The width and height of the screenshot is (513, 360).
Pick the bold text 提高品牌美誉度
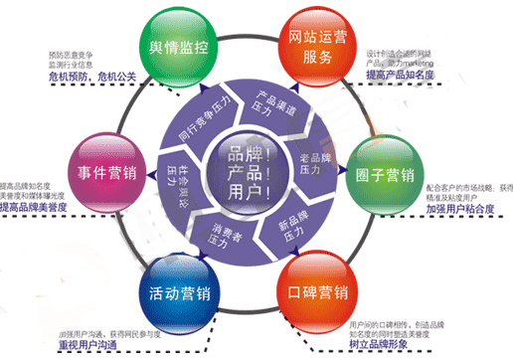pos(39,210)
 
